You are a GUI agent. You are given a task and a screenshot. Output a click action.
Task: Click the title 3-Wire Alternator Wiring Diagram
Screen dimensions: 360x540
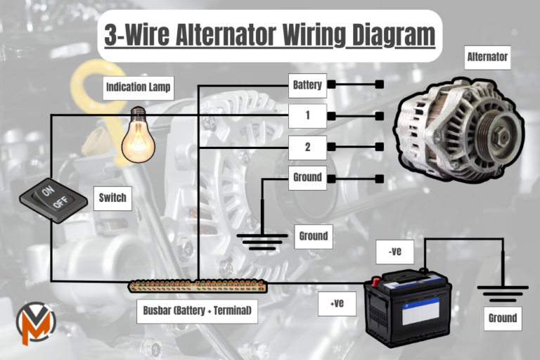269,36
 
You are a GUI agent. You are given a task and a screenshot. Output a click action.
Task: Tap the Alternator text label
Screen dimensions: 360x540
487,57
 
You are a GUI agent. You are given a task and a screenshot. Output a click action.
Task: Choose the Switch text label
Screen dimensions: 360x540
113,198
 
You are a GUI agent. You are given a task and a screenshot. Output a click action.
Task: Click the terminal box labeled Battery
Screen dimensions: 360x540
307,85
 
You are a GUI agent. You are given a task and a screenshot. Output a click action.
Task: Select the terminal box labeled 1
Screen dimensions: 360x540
307,115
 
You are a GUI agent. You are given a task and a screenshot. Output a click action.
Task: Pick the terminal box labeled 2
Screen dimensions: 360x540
307,147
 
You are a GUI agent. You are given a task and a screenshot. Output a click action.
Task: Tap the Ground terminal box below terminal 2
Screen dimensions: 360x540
307,177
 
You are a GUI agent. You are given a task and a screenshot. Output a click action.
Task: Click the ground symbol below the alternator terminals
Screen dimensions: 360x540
262,241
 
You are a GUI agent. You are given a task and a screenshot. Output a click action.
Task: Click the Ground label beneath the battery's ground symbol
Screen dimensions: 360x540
503,318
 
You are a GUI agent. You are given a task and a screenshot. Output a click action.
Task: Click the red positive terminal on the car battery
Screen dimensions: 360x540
376,281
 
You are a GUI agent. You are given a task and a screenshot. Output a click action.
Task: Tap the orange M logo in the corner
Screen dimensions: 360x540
35,323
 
